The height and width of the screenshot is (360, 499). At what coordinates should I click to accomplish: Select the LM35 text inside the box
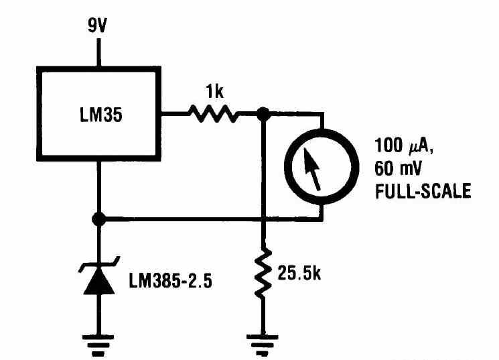click(99, 115)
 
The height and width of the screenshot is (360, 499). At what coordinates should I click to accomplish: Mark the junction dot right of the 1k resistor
click(264, 115)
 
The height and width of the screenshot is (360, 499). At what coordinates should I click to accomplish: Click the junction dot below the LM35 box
click(99, 219)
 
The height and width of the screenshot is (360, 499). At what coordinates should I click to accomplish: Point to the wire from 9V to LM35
click(99, 52)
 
